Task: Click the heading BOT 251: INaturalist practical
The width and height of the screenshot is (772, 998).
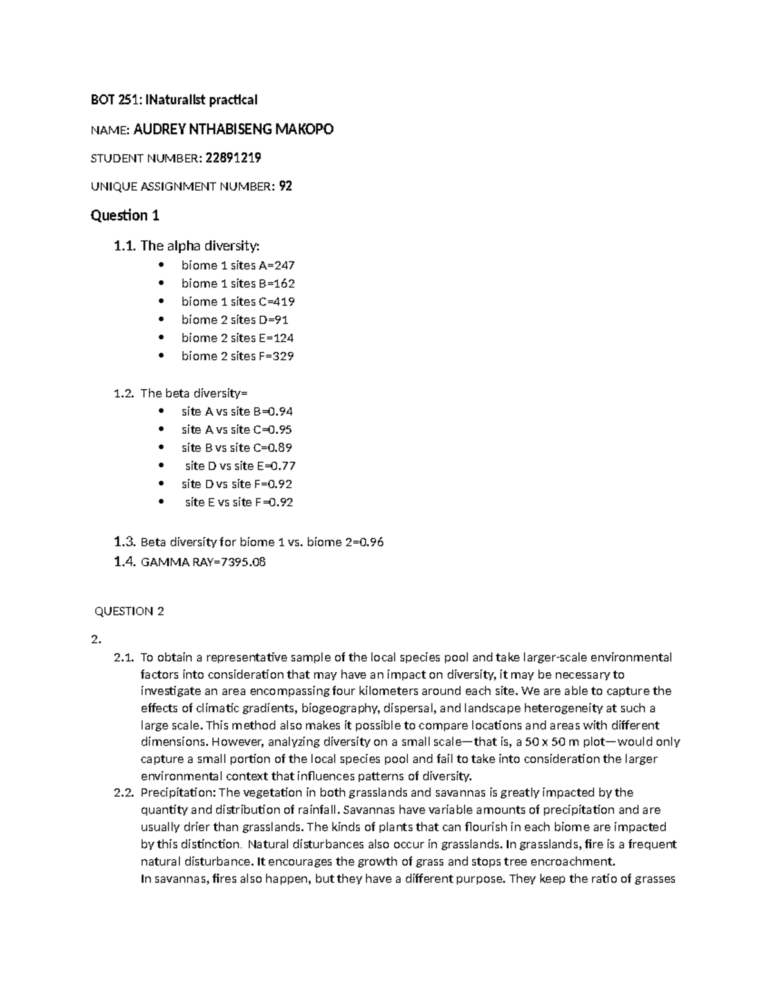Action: [174, 100]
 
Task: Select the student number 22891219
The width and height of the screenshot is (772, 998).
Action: [233, 157]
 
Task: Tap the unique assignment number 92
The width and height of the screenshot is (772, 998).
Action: [286, 186]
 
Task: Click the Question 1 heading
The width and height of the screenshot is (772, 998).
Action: [125, 215]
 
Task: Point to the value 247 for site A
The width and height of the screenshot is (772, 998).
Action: [284, 265]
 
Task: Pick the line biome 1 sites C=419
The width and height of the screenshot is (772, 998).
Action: [237, 301]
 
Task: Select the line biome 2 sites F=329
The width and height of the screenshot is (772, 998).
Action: [237, 356]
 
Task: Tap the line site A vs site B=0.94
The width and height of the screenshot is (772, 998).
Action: [237, 411]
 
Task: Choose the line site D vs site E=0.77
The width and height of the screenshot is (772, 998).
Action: [240, 466]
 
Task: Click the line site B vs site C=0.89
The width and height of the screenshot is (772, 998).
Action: [237, 448]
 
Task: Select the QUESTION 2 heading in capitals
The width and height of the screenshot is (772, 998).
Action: [129, 611]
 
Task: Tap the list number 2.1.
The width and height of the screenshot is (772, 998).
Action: [123, 657]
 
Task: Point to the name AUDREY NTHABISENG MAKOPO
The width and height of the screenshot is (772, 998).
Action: [234, 130]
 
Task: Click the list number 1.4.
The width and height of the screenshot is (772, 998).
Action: [124, 562]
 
